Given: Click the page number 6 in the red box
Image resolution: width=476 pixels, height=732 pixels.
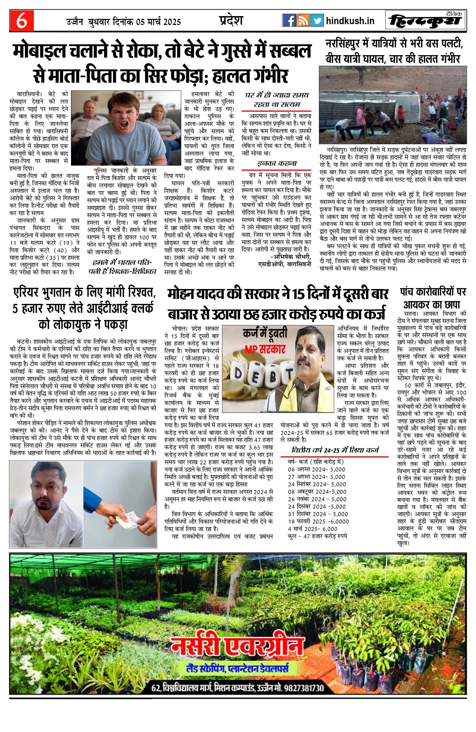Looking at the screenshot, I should pos(21,21).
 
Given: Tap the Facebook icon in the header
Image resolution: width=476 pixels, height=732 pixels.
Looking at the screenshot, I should pos(289,20).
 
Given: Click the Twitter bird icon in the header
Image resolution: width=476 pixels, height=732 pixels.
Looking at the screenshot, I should pos(317,20).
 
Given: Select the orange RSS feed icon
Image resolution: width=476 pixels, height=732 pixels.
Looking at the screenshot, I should pos(303,20).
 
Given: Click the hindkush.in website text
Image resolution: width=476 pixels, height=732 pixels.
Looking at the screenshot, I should pos(350,21).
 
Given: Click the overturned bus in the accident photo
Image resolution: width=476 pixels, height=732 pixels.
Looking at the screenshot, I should pos(366,105).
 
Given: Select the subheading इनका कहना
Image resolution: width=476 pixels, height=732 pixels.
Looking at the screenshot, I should pos(276,164).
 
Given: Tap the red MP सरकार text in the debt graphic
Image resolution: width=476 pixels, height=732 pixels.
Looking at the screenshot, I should pos(265,350).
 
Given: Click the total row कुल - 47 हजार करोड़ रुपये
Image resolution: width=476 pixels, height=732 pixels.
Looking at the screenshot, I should pos(317,536).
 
